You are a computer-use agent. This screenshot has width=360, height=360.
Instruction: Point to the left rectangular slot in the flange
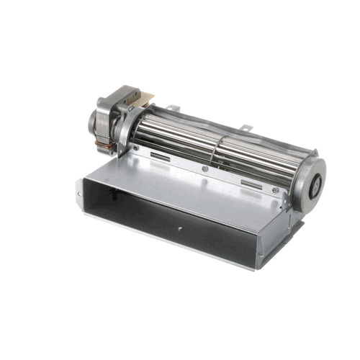[x=160, y=156]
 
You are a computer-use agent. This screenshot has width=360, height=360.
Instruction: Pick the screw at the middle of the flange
[x=205, y=169]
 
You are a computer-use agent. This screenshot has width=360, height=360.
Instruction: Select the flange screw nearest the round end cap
[x=274, y=191]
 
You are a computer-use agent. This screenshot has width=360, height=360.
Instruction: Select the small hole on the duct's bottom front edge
[x=179, y=230]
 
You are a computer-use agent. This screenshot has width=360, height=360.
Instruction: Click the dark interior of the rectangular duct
[x=144, y=209]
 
